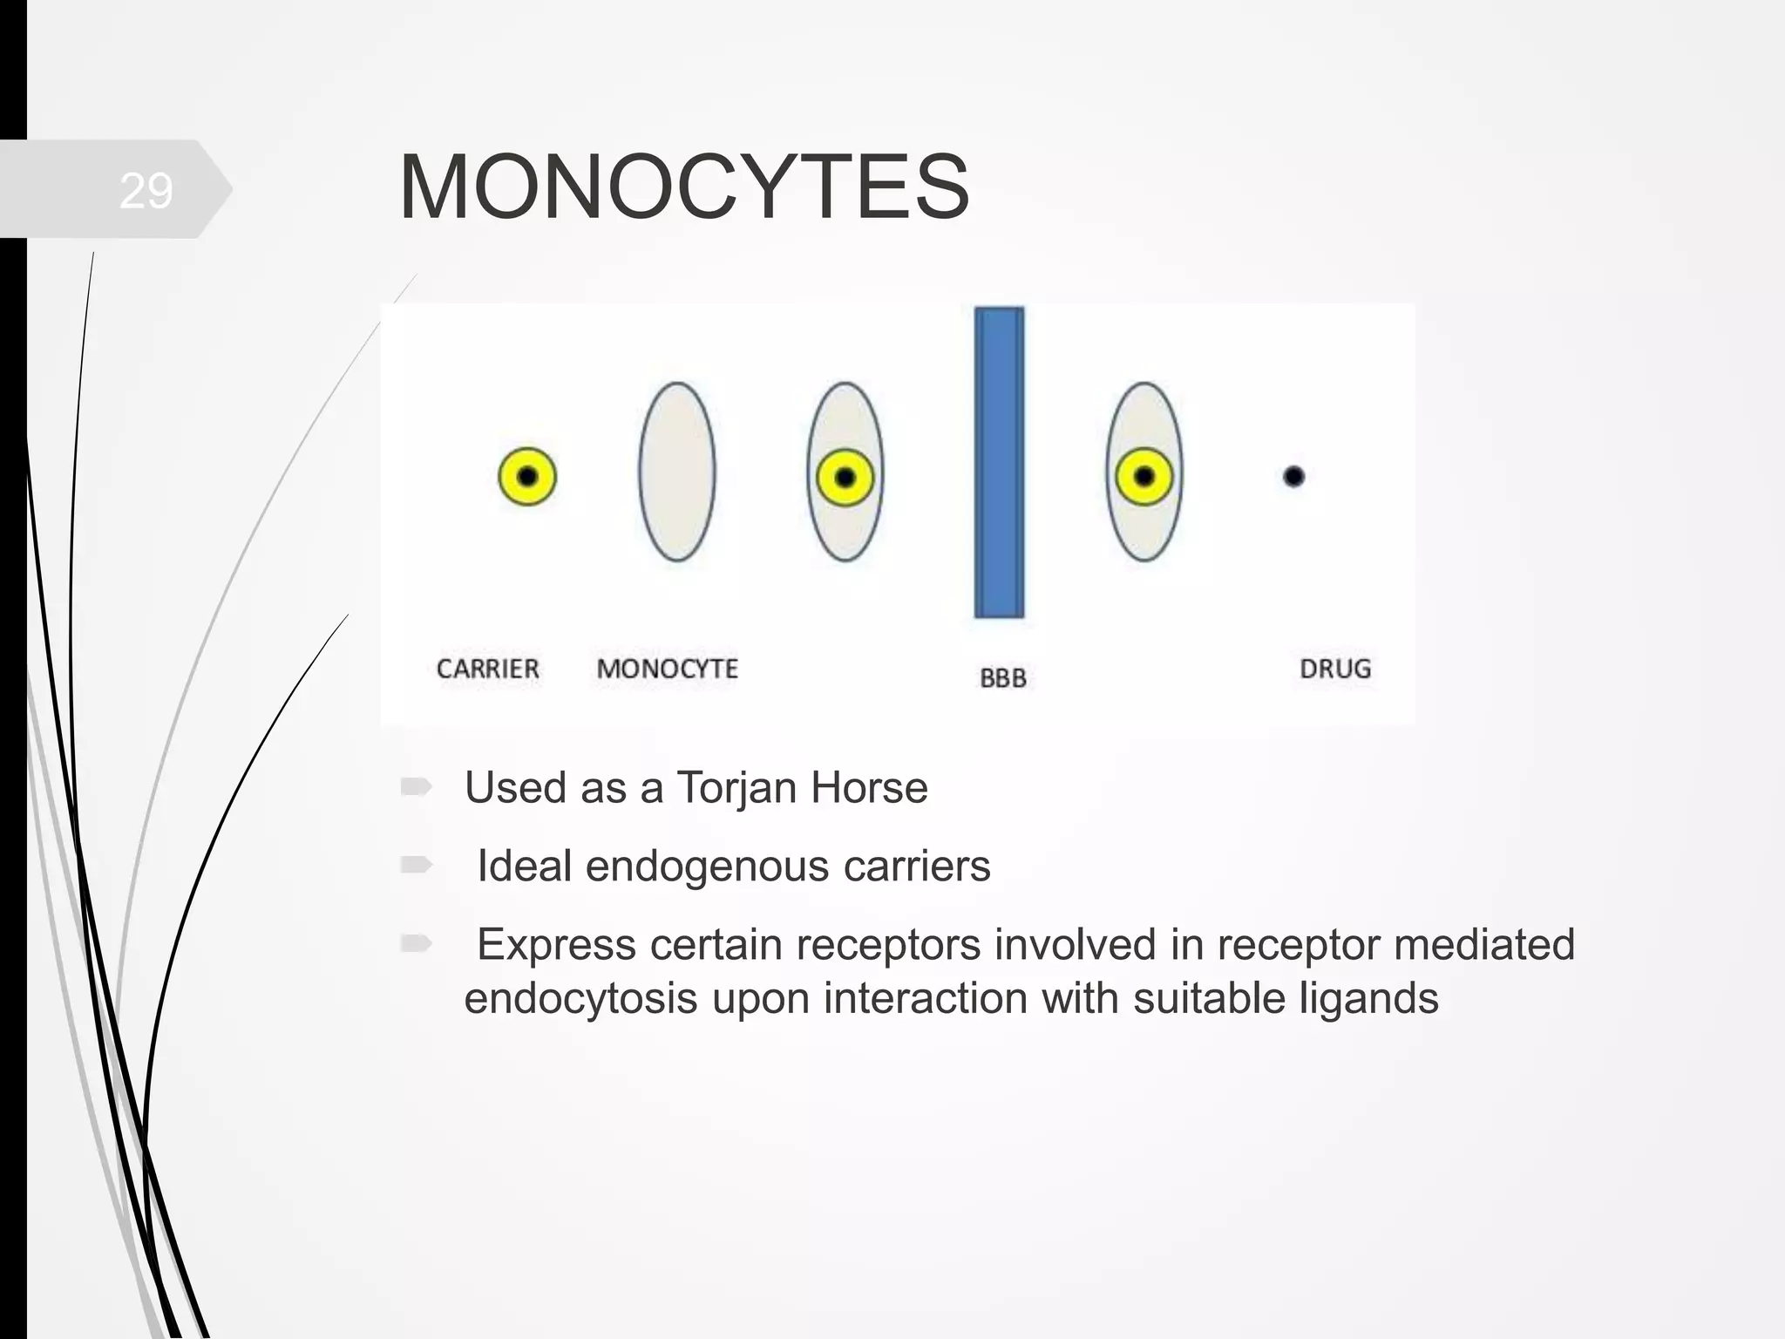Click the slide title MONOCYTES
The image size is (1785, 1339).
683,187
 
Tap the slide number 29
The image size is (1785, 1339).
146,190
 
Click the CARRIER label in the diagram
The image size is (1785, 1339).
487,669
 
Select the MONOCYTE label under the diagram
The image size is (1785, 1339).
667,669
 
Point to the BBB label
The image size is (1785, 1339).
1002,678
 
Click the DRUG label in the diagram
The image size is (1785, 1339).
1335,669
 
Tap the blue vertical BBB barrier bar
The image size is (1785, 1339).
999,462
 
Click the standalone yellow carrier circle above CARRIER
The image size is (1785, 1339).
527,476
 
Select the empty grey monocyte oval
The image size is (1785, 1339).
677,472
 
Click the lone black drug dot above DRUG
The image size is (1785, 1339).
1293,476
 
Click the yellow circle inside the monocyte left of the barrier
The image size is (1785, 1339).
845,478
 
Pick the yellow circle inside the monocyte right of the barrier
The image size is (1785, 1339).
1144,476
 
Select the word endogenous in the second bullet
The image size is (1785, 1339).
707,867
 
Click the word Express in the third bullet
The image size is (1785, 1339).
556,945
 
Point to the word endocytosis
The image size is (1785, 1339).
580,999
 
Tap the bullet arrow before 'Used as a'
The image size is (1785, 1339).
416,787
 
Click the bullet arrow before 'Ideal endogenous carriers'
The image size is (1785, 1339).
416,865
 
